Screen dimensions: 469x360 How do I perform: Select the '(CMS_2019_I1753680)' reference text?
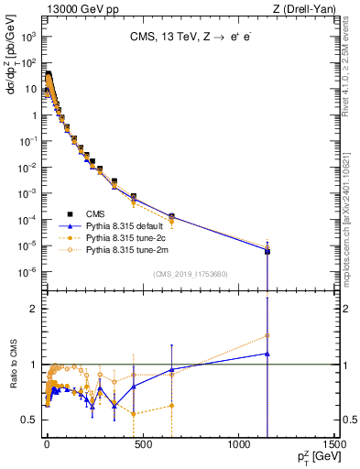point(190,274)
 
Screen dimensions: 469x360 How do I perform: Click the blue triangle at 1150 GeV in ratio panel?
point(267,354)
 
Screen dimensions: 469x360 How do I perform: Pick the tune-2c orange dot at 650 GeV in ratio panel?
point(171,406)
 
